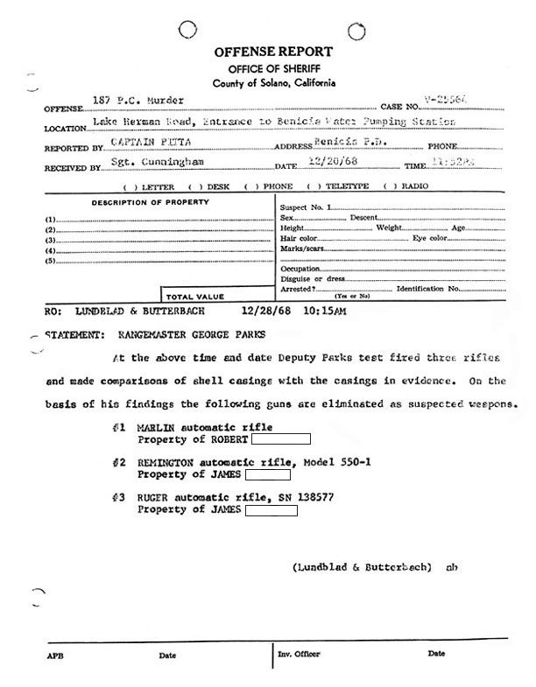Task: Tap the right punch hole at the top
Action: [x=356, y=32]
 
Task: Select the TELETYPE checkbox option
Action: [x=348, y=186]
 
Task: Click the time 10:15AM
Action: [x=323, y=311]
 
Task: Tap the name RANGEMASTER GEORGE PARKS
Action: [x=180, y=334]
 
